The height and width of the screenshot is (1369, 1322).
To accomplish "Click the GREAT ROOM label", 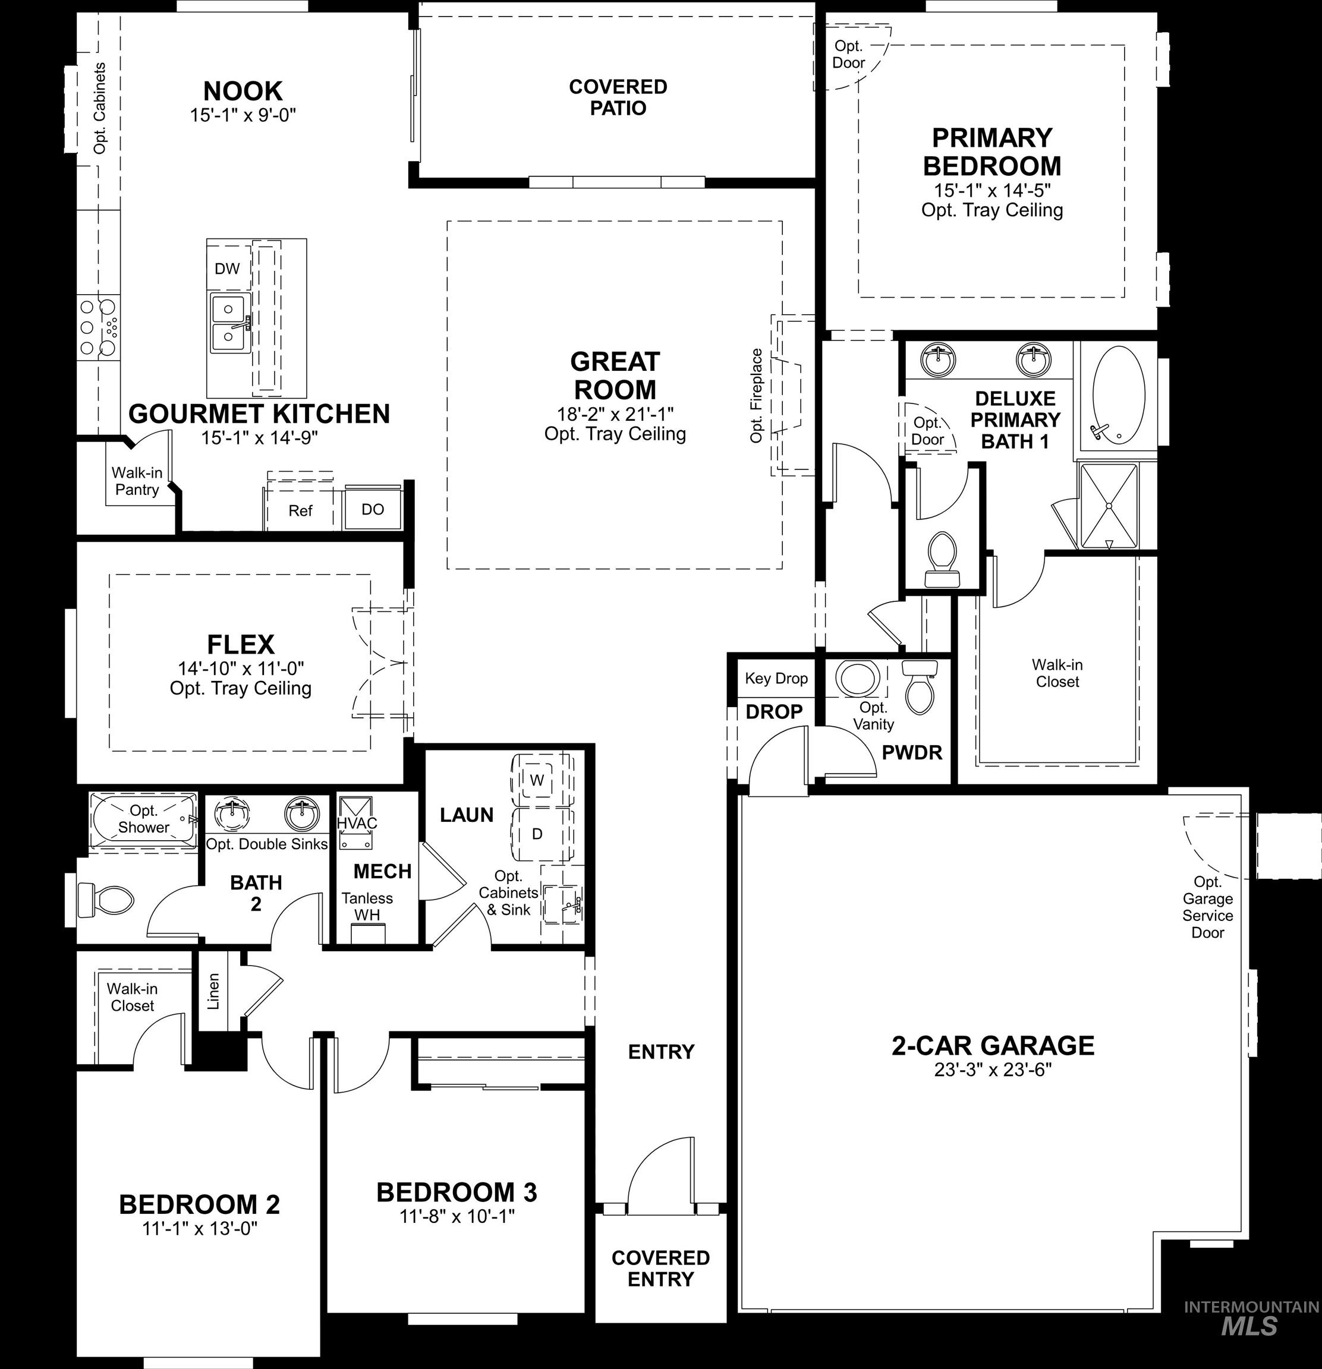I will pyautogui.click(x=615, y=376).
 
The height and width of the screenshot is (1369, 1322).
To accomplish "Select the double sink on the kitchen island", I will pyautogui.click(x=228, y=322).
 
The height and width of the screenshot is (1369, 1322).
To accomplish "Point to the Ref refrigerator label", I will pyautogui.click(x=300, y=510).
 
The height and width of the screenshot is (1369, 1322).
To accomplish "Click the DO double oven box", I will pyautogui.click(x=373, y=509).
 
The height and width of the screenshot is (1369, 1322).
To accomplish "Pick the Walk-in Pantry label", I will pyautogui.click(x=137, y=481).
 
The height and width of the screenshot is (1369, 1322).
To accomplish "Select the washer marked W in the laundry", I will pyautogui.click(x=537, y=780).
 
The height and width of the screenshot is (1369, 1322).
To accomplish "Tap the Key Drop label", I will pyautogui.click(x=776, y=678).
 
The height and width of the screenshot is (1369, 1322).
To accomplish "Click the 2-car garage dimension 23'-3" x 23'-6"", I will pyautogui.click(x=992, y=1070).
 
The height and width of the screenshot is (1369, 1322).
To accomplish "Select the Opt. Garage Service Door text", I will pyautogui.click(x=1207, y=907).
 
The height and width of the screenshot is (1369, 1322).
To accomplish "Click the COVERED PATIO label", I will pyautogui.click(x=618, y=97).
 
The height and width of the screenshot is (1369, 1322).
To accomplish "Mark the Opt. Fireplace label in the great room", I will pyautogui.click(x=756, y=395).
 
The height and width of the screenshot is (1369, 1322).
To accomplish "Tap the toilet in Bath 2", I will pyautogui.click(x=105, y=900).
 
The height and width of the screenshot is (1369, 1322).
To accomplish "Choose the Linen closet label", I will pyautogui.click(x=214, y=991).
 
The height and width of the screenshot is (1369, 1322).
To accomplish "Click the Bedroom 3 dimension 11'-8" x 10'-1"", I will pyautogui.click(x=457, y=1216).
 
